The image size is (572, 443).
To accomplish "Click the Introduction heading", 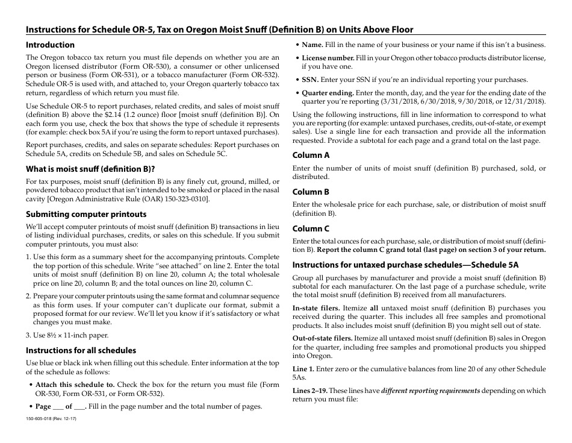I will point(50,45).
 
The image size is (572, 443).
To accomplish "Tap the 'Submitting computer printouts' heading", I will point(86,215).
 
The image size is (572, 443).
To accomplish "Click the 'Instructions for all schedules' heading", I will point(81,351).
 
